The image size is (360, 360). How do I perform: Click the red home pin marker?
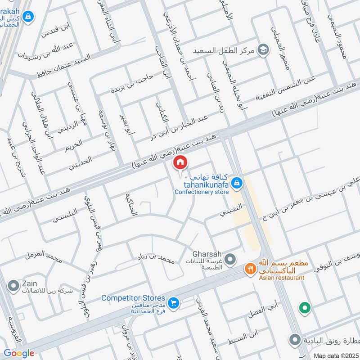coord(180,162)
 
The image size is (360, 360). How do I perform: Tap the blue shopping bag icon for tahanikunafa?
coord(236,183)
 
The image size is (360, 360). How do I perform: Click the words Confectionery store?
coord(202,192)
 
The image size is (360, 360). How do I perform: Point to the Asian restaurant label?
coord(282,278)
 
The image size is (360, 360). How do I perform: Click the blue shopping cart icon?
coord(174,304)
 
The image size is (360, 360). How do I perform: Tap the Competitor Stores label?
coord(133,298)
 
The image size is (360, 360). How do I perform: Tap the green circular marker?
coord(305,308)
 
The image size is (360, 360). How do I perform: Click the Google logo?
coord(19,353)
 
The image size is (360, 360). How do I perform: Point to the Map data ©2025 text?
coord(336,355)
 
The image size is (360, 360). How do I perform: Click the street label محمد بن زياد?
coord(156,260)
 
